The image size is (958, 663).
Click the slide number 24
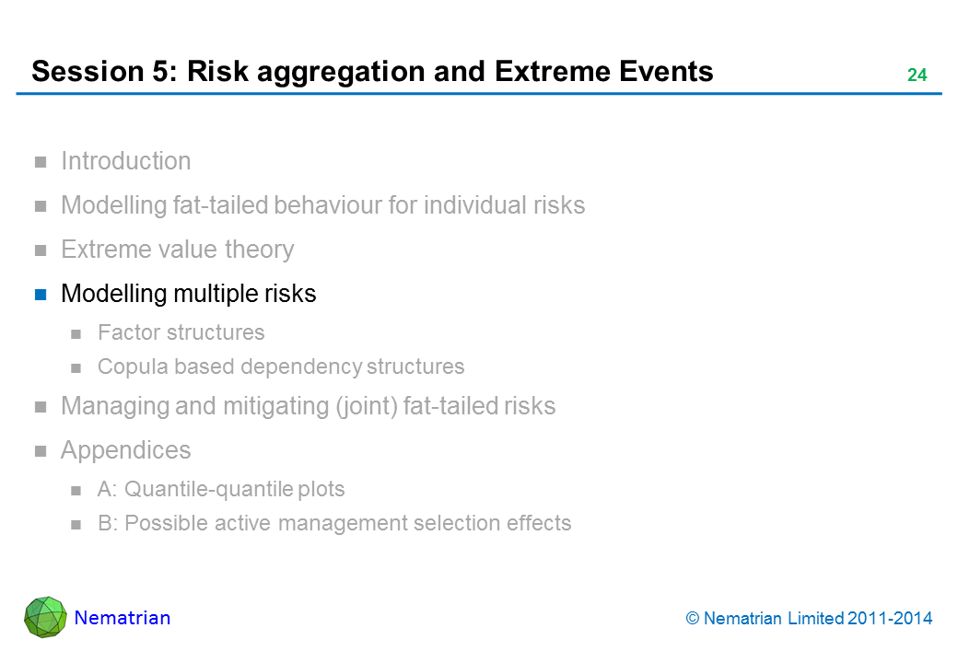(917, 75)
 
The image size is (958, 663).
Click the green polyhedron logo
(45, 617)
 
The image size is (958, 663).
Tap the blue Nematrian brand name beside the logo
(123, 618)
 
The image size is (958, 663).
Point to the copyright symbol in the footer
(692, 619)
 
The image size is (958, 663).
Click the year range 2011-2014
(890, 619)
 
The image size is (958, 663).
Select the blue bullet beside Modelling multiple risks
(41, 295)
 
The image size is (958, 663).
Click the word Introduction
(126, 161)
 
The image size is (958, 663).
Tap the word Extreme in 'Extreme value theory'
(100, 250)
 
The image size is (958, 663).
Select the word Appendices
(126, 450)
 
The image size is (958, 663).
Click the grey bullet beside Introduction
(41, 162)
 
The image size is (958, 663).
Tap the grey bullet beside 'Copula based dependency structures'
(76, 368)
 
